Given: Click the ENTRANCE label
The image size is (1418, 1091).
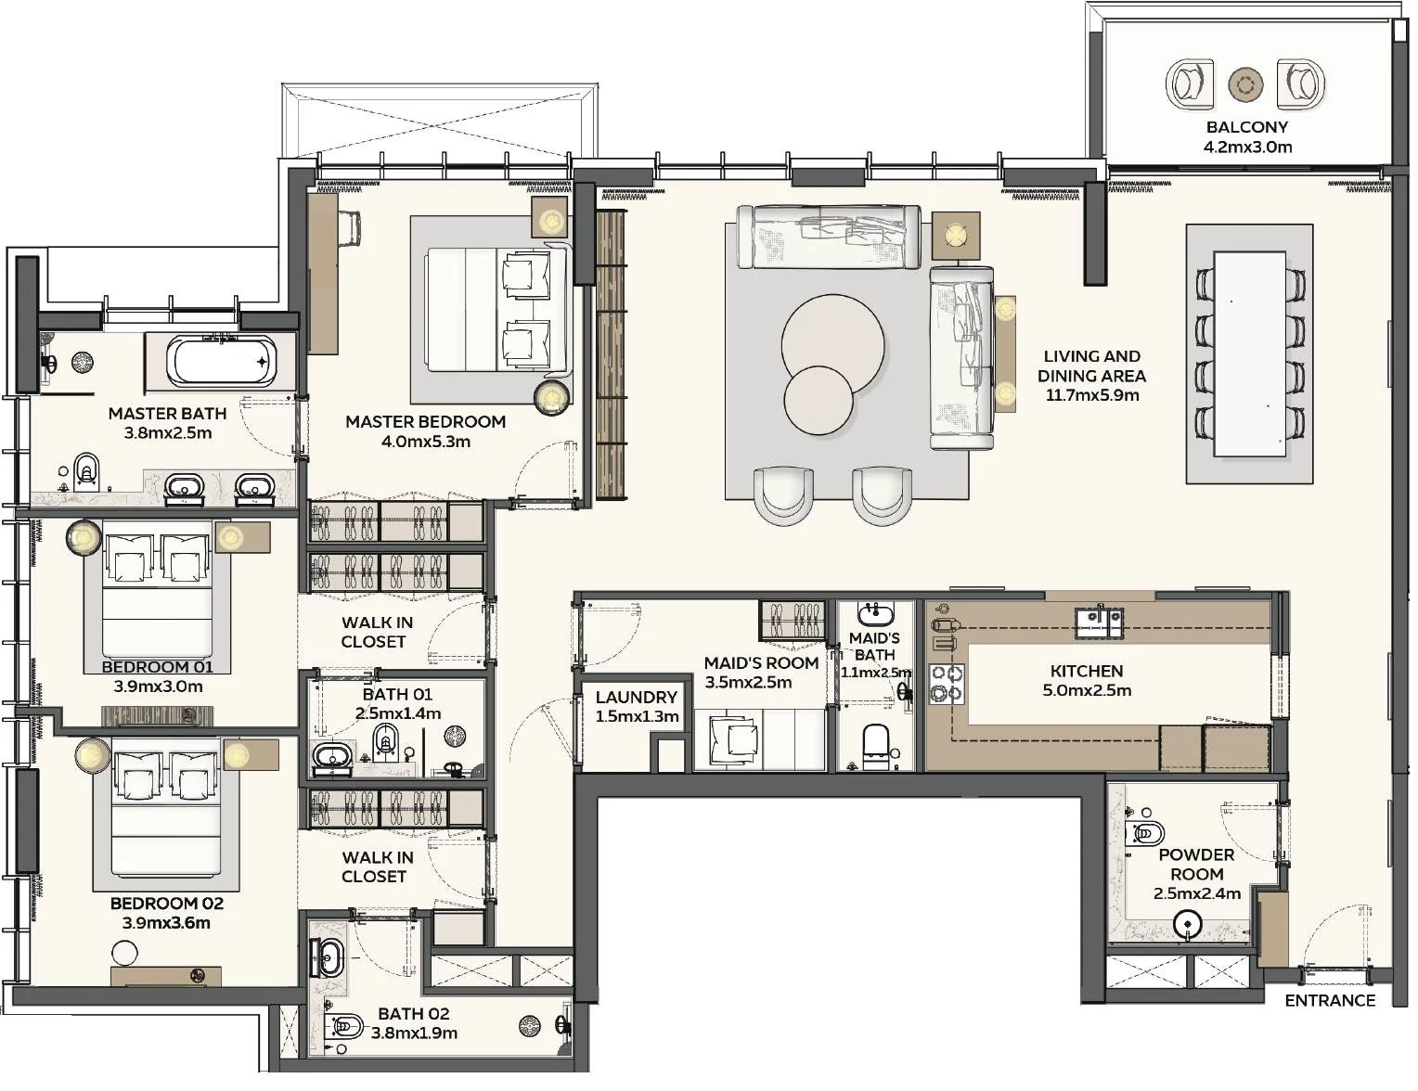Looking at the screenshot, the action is (x=1330, y=1000).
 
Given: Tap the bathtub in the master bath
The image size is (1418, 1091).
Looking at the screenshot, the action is (x=223, y=362).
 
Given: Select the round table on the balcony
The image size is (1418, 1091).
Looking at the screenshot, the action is (x=1245, y=84).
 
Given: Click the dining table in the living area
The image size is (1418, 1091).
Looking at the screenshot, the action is (x=1250, y=354).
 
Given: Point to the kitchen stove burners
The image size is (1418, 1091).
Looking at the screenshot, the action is (x=947, y=683).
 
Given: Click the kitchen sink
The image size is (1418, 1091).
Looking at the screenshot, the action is (x=1100, y=622).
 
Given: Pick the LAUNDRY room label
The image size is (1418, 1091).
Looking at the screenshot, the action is (x=637, y=697).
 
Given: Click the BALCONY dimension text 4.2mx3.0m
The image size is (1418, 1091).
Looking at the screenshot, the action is (x=1247, y=147).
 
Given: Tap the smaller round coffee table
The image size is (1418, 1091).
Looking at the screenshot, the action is (x=819, y=400).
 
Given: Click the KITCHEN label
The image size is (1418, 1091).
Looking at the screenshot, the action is (x=1087, y=671).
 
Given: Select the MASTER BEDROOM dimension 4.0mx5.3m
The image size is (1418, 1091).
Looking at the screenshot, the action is (x=425, y=442).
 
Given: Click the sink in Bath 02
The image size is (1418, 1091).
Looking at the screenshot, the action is (x=330, y=958).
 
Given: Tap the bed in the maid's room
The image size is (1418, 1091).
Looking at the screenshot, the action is (x=760, y=740).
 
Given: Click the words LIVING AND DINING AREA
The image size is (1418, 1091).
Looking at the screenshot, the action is (x=1091, y=366).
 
